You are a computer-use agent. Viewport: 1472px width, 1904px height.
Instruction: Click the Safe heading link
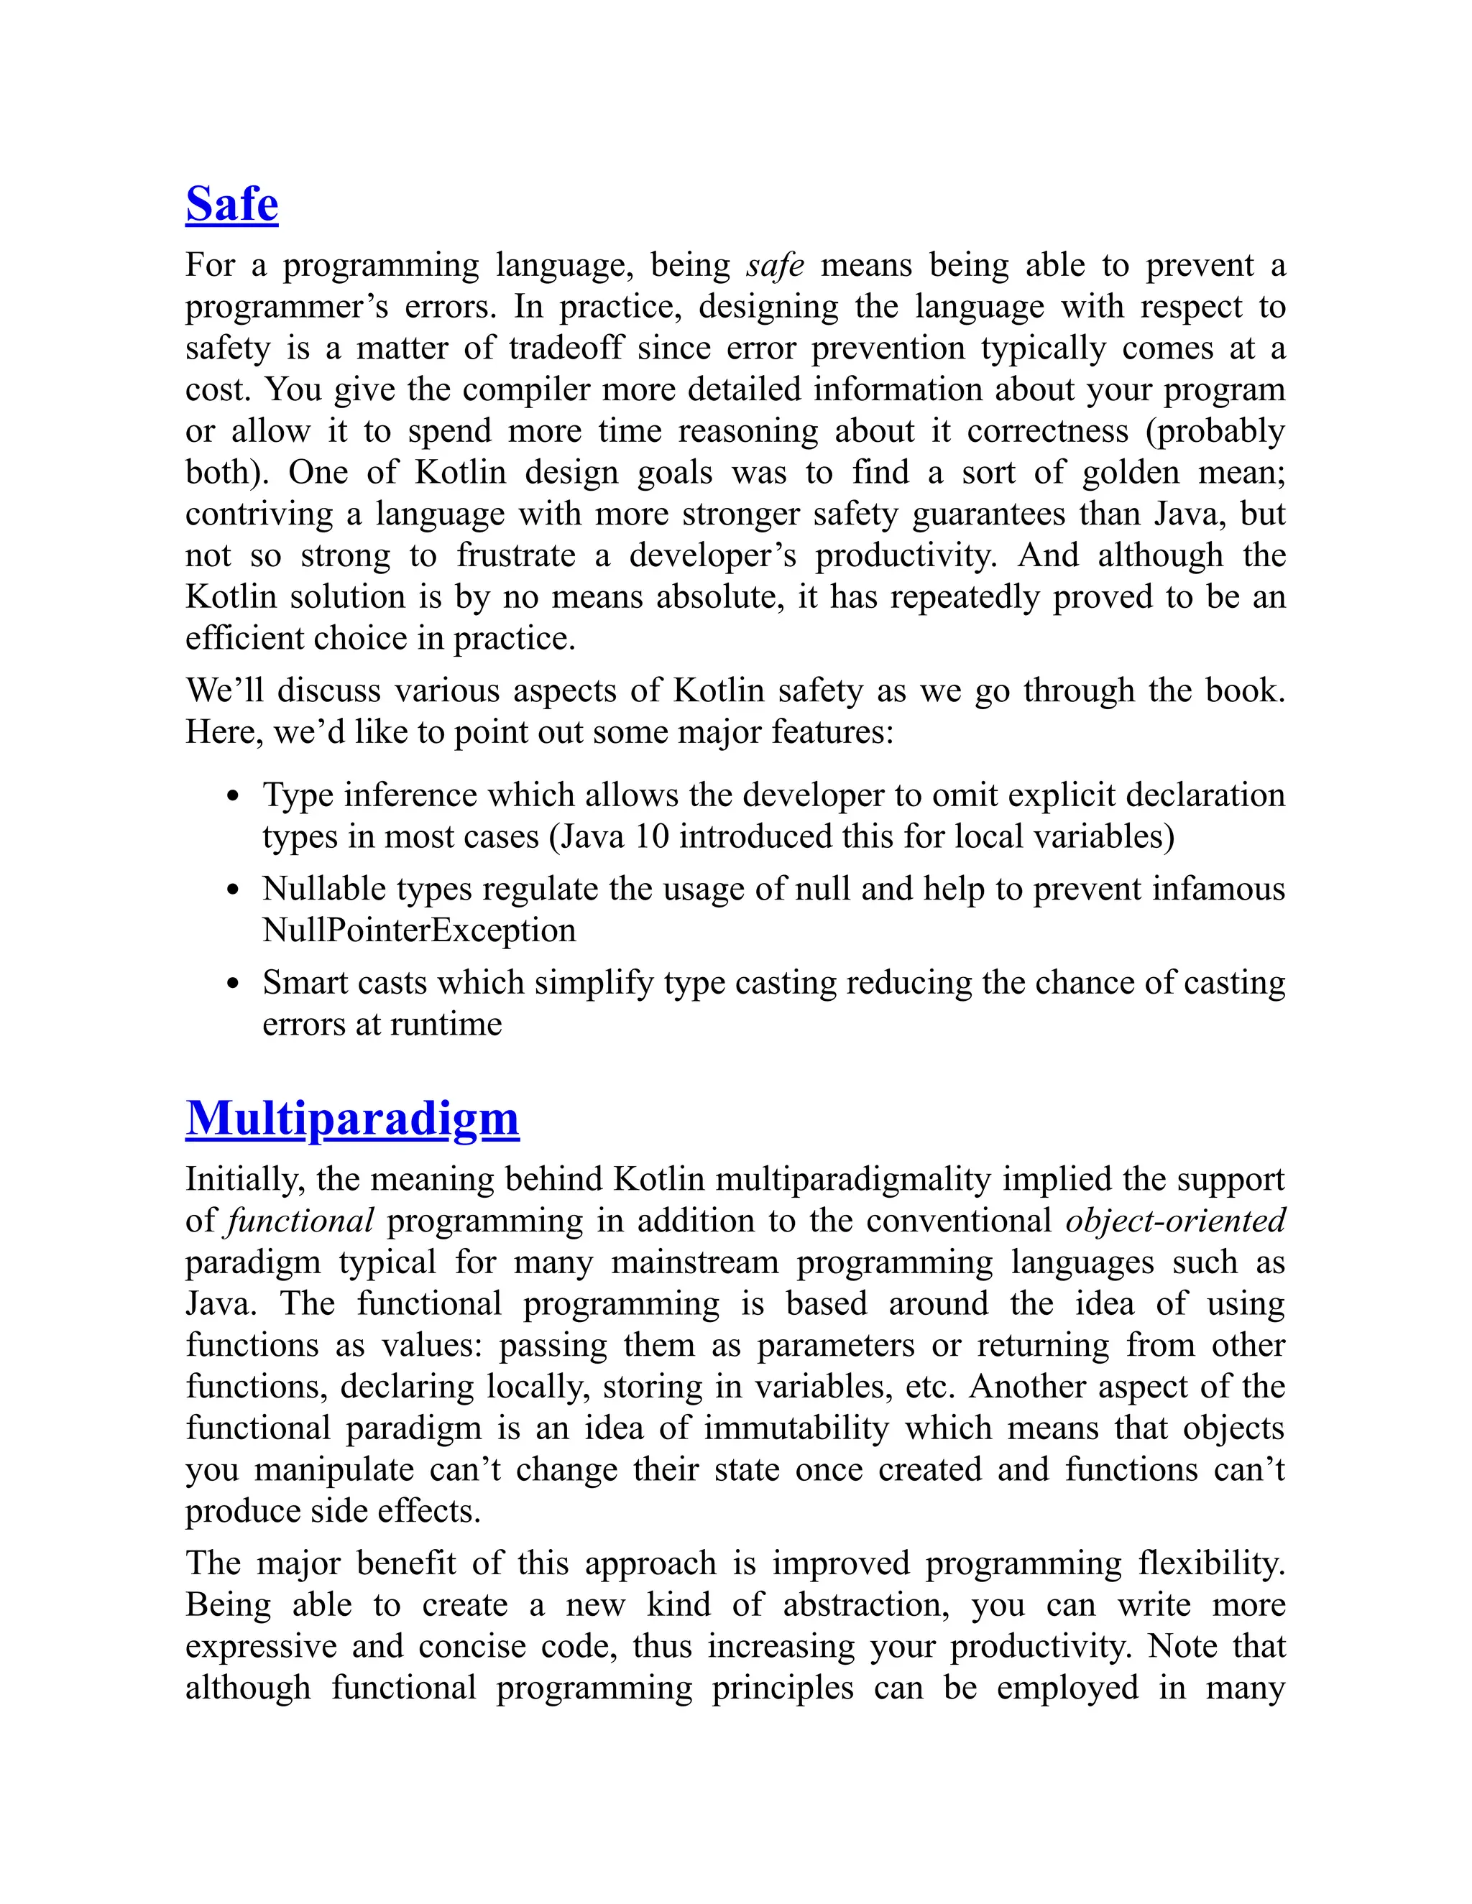231,205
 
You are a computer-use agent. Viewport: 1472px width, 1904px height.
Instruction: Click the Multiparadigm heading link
352,1119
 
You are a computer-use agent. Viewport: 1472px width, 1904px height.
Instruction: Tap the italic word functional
299,1221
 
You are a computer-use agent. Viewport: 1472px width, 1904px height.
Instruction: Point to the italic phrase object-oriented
1174,1221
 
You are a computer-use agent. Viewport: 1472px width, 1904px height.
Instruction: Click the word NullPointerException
418,930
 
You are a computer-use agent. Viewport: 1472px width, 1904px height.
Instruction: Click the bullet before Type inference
232,796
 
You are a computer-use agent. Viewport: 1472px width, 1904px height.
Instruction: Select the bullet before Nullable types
232,890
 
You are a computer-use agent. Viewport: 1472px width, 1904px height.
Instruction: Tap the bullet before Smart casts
232,984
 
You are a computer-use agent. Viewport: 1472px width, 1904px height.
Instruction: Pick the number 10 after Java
650,837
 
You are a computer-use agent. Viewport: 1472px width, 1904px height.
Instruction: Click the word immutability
796,1428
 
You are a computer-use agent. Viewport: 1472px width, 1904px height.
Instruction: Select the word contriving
259,514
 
